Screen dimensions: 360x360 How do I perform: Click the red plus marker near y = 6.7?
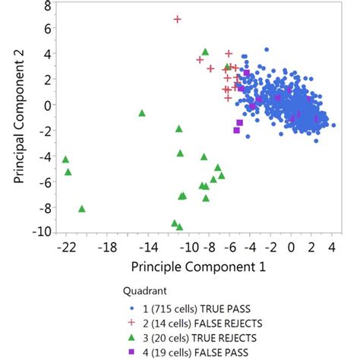[x=178, y=19]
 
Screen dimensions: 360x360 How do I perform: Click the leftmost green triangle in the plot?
[x=65, y=159]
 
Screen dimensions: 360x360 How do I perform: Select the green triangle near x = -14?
[x=142, y=113]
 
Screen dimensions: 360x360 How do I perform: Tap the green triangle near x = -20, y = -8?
[x=82, y=209]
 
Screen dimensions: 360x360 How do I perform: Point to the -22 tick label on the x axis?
[x=66, y=248]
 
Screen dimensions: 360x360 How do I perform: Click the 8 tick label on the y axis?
[x=47, y=6]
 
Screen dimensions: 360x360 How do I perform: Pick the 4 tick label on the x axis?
[x=331, y=248]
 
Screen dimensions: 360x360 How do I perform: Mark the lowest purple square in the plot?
[x=237, y=131]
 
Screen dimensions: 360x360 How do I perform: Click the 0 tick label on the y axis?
[x=47, y=106]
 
